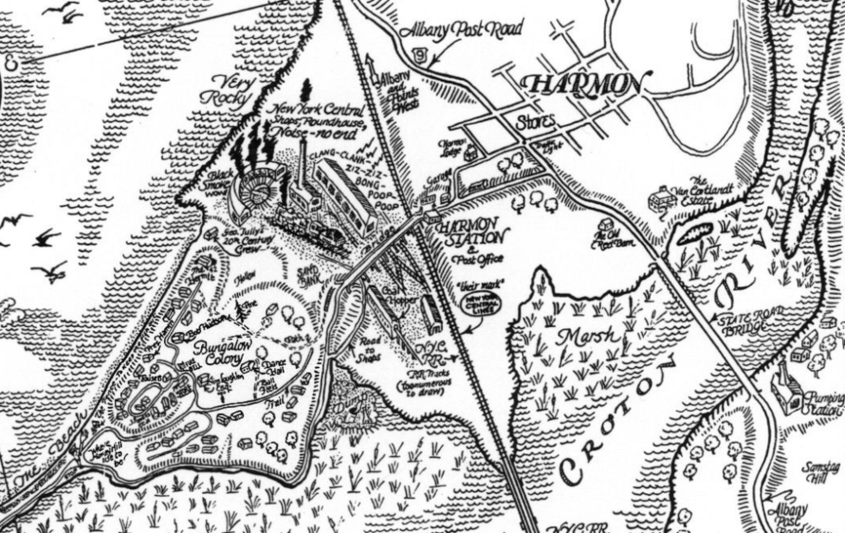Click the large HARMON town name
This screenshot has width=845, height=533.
(x=584, y=85)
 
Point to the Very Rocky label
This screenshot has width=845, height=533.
(x=225, y=92)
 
